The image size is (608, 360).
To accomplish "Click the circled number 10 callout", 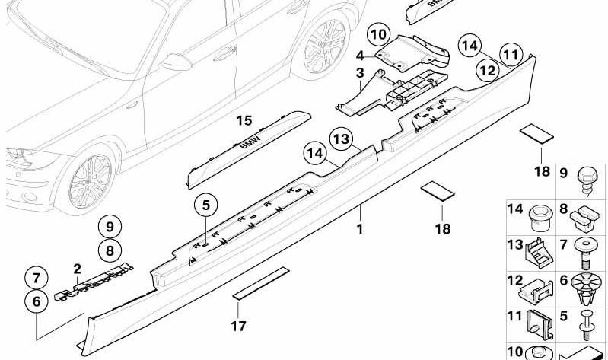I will tap(378, 34).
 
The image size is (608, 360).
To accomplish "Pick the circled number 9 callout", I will tap(110, 226).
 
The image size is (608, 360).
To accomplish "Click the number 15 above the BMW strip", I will tap(243, 120).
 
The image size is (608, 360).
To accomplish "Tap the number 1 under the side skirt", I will tap(360, 228).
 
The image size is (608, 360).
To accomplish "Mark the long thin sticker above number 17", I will tap(261, 280).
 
